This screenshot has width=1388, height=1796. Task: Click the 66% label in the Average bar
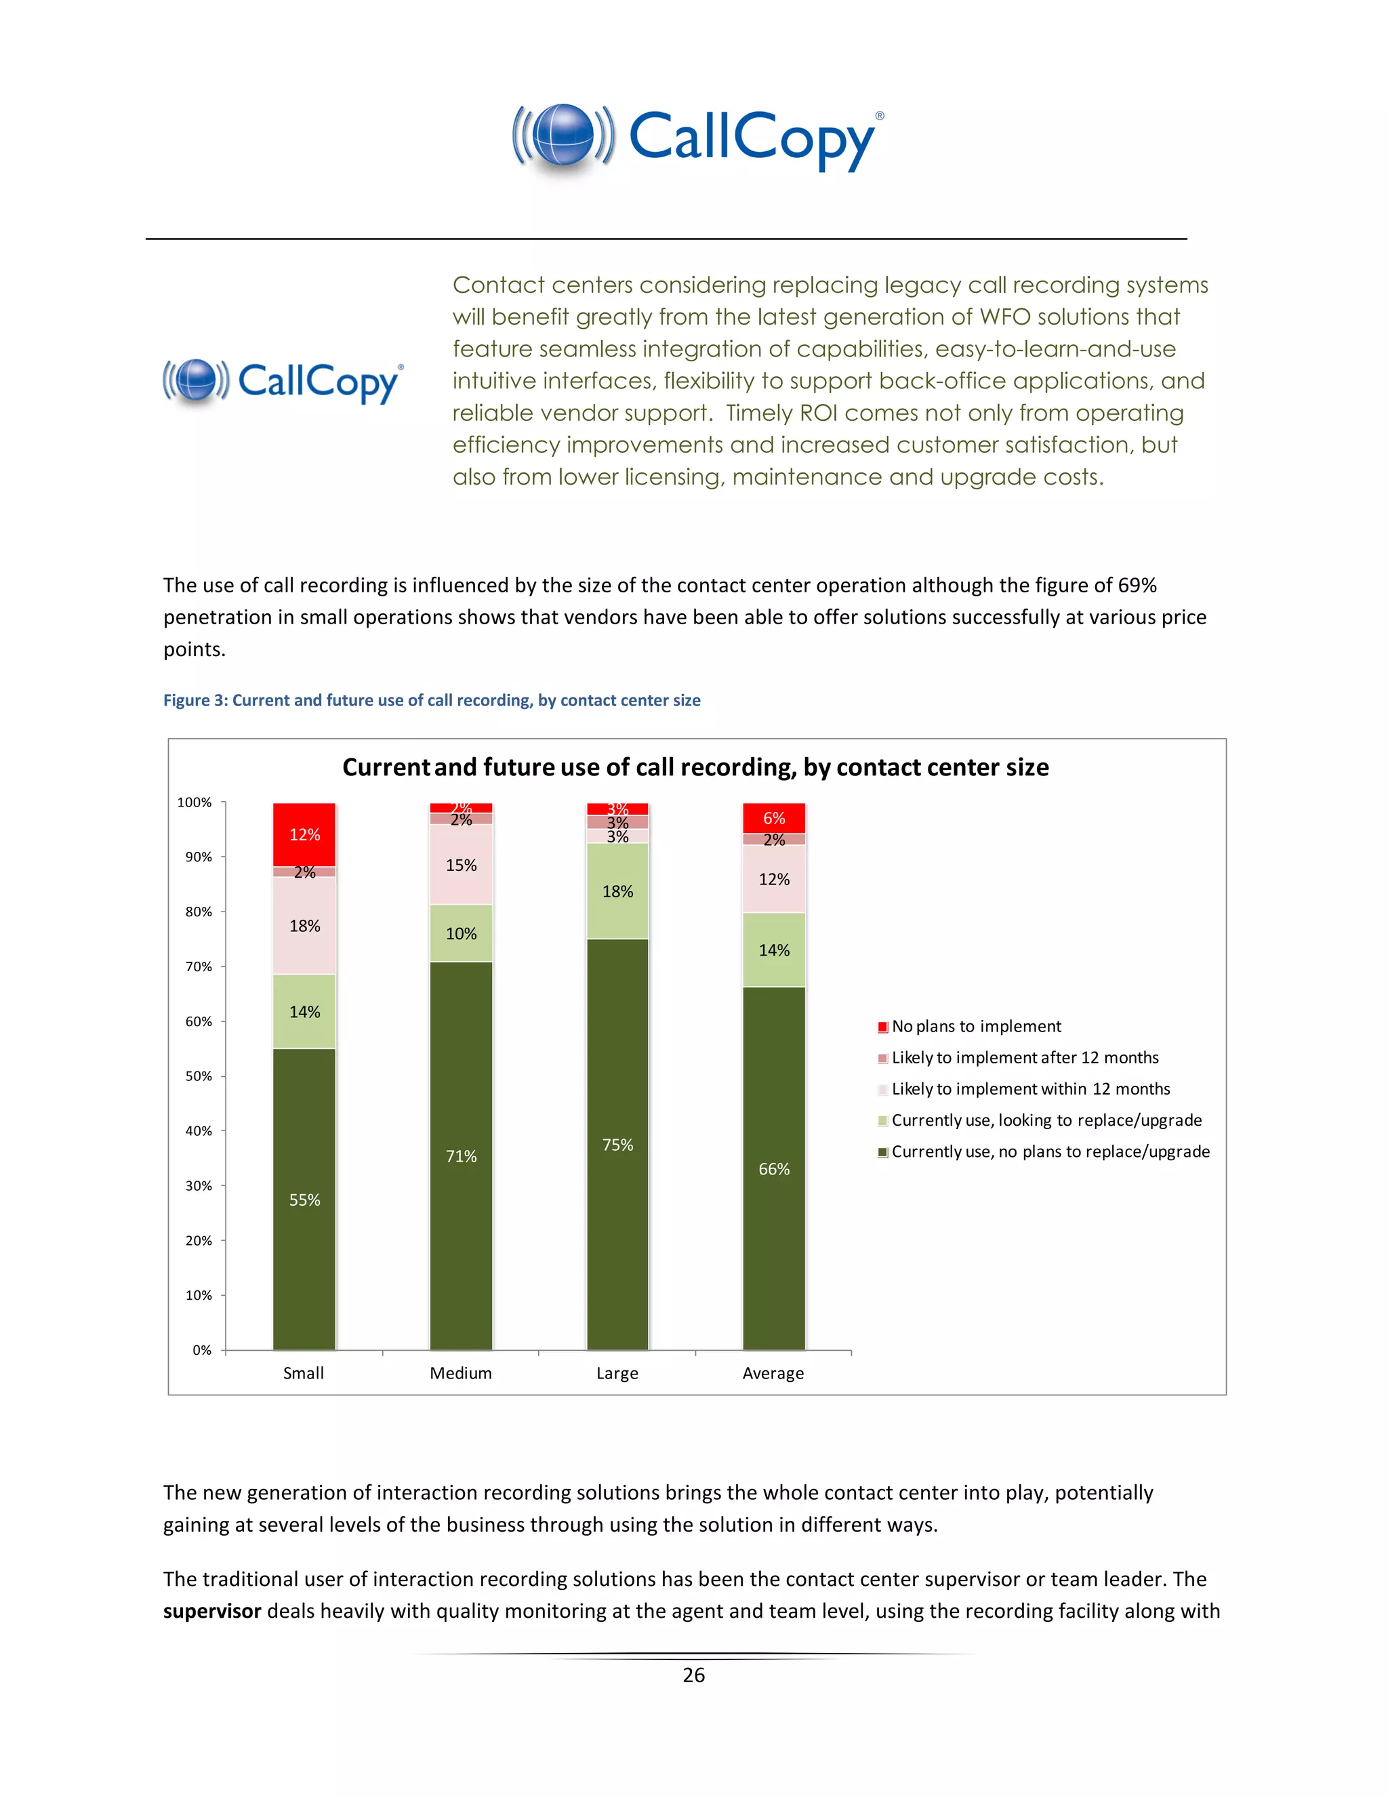point(774,1168)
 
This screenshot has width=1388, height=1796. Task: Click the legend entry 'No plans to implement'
point(976,1026)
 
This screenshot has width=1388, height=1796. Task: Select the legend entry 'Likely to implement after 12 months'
point(1025,1057)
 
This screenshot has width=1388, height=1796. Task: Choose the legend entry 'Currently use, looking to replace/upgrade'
point(1046,1120)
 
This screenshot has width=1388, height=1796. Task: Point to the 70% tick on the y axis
point(199,966)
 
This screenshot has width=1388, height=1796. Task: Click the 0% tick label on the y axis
point(201,1349)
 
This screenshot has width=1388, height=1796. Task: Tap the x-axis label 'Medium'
point(460,1373)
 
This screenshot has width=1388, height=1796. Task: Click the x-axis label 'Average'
point(773,1373)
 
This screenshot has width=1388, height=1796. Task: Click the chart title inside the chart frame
point(695,767)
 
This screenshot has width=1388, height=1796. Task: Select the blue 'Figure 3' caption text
point(431,700)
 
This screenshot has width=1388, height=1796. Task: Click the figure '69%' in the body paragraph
point(1137,585)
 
